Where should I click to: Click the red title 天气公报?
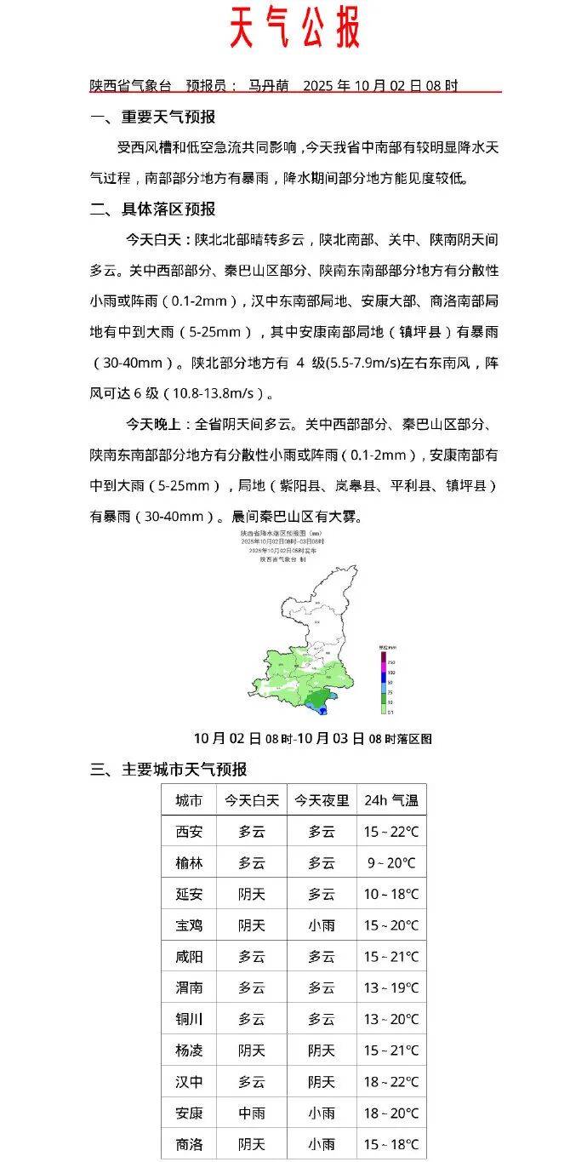point(294,28)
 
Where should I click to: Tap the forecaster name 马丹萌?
point(269,86)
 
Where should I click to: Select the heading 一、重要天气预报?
point(153,117)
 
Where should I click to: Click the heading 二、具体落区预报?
point(153,209)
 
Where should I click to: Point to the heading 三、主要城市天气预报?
point(168,769)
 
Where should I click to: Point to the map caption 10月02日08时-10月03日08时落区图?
point(312,738)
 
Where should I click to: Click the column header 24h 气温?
point(391,800)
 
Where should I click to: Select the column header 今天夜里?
point(322,800)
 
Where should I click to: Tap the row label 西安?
point(189,832)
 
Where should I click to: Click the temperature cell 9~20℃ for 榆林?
point(391,863)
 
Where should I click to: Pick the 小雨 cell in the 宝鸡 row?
point(322,925)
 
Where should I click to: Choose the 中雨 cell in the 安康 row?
point(252,1113)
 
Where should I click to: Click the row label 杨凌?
point(189,1050)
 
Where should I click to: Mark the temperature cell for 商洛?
point(391,1144)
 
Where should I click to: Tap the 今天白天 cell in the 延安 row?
point(252,894)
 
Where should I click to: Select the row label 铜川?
point(189,1019)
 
